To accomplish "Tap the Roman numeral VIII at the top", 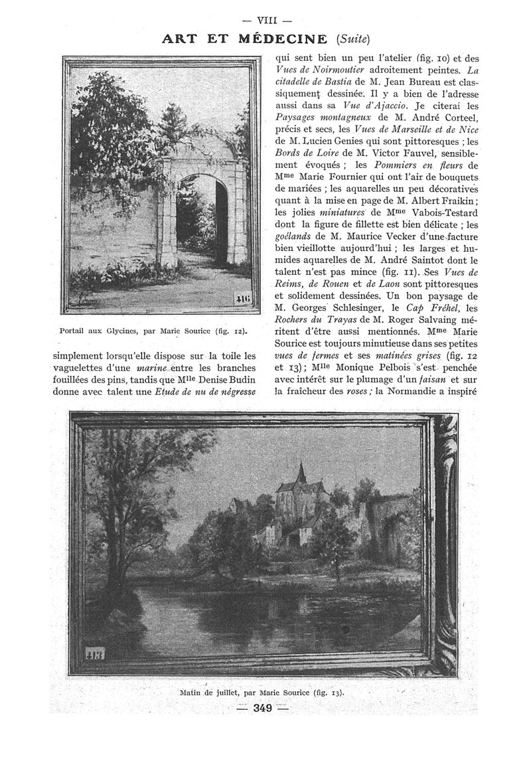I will pyautogui.click(x=265, y=20).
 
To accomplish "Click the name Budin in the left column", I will pyautogui.click(x=243, y=379).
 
